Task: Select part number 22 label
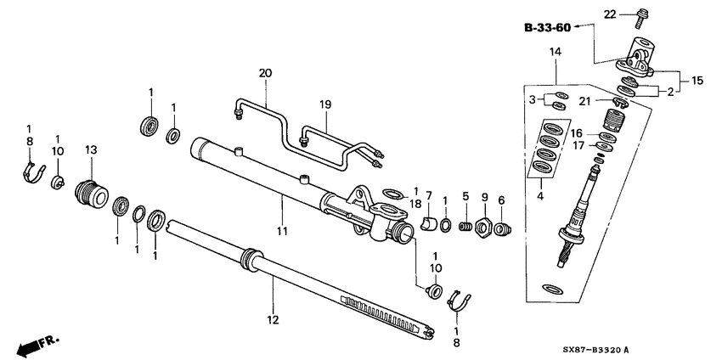click(x=609, y=14)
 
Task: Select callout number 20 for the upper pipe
click(x=265, y=74)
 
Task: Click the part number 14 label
click(x=556, y=53)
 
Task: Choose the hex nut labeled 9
click(x=482, y=228)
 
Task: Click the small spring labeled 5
click(x=465, y=227)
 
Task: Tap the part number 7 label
click(x=429, y=196)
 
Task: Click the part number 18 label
click(x=416, y=205)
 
